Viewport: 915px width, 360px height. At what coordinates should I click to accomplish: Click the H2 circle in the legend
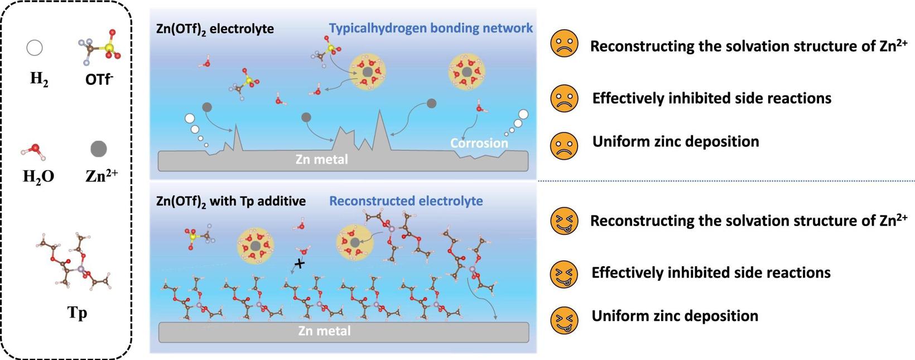(x=35, y=48)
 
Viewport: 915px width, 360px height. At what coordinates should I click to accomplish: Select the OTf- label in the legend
(x=99, y=80)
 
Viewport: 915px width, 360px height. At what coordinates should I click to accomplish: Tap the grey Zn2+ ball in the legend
(x=99, y=149)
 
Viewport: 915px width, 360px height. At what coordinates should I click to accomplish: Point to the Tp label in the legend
(x=77, y=313)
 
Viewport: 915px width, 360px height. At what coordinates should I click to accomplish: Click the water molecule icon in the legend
(x=34, y=150)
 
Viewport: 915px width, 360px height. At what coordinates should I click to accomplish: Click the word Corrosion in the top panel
(x=479, y=143)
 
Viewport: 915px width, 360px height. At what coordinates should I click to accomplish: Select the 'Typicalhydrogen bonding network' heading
(x=431, y=28)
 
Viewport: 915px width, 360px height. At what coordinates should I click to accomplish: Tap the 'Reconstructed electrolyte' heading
(x=406, y=201)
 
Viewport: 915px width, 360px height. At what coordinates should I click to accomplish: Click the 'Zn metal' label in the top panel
(x=321, y=160)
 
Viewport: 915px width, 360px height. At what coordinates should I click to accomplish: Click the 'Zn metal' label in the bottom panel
(x=324, y=331)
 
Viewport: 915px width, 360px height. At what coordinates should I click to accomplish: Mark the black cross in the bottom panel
(x=300, y=263)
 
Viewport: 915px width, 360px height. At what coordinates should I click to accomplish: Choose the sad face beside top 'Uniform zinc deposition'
(x=564, y=145)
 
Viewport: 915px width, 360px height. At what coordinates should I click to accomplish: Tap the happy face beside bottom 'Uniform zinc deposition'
(x=564, y=319)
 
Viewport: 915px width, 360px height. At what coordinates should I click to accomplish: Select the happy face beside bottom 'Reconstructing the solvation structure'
(x=564, y=221)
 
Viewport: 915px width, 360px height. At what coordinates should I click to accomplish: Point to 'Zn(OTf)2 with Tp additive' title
(x=231, y=201)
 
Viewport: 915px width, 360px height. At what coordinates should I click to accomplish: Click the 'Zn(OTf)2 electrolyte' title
(x=215, y=29)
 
